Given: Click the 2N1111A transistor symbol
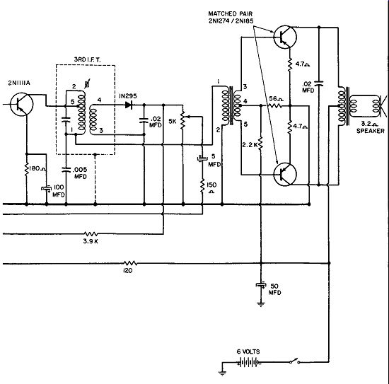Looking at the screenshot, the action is click(22, 104).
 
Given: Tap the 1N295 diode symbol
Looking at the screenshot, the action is click(129, 105).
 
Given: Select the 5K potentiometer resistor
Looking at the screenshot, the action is click(183, 120).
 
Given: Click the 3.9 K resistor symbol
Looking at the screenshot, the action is click(91, 233).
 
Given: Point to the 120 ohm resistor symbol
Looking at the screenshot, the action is click(130, 263).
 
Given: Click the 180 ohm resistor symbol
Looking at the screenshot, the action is click(27, 169).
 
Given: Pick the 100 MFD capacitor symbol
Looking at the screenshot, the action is click(47, 189).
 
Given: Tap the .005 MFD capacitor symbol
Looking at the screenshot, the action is click(66, 170).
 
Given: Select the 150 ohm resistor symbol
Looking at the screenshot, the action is click(202, 185).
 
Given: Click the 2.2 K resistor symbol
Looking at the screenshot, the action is click(260, 144).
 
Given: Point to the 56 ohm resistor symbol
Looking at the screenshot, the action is click(274, 106).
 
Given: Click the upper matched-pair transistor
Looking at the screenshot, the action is click(285, 37).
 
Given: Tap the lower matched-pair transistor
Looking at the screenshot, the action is click(285, 175).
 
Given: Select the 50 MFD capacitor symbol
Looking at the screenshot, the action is click(261, 285).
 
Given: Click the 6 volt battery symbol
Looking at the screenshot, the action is click(249, 362).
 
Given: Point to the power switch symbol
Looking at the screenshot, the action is click(294, 361).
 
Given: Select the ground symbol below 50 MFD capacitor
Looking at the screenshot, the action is click(261, 304).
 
